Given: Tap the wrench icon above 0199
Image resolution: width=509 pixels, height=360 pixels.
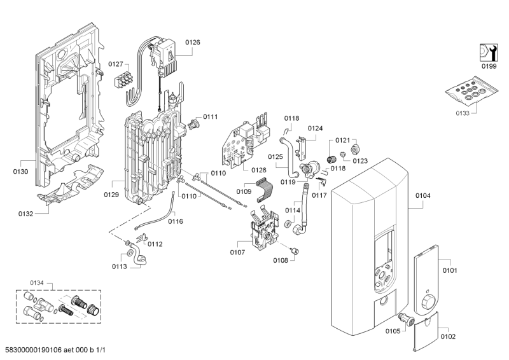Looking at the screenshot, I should click(487, 51).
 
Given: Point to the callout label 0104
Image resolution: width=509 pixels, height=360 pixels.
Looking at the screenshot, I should click(423, 196).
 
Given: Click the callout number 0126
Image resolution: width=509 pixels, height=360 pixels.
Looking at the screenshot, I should click(192, 42).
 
